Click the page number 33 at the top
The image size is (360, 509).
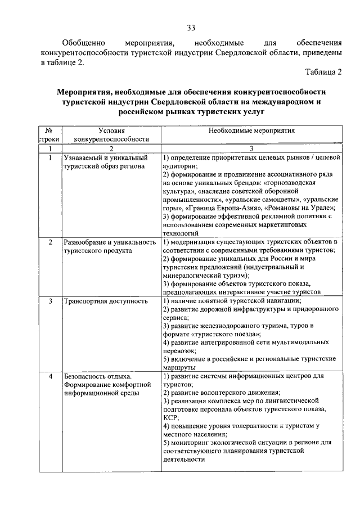point(191,28)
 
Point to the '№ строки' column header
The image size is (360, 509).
point(49,134)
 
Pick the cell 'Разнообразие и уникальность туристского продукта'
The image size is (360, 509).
point(110,246)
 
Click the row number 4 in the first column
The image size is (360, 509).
point(50,376)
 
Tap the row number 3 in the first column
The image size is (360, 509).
point(50,301)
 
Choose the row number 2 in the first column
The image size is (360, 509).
point(50,242)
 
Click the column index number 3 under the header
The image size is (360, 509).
point(251,148)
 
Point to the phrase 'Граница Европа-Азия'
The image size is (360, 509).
point(214,208)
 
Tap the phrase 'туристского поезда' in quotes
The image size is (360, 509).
point(225,334)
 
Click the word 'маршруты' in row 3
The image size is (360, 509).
point(179,367)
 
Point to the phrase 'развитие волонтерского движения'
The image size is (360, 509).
point(225,392)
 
